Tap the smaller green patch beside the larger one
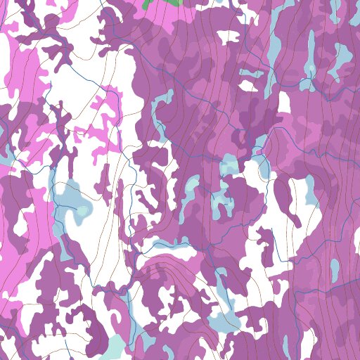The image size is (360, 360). (x=146, y=4)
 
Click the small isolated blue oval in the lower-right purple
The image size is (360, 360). (x=335, y=269)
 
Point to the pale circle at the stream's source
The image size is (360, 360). (x=311, y=68)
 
